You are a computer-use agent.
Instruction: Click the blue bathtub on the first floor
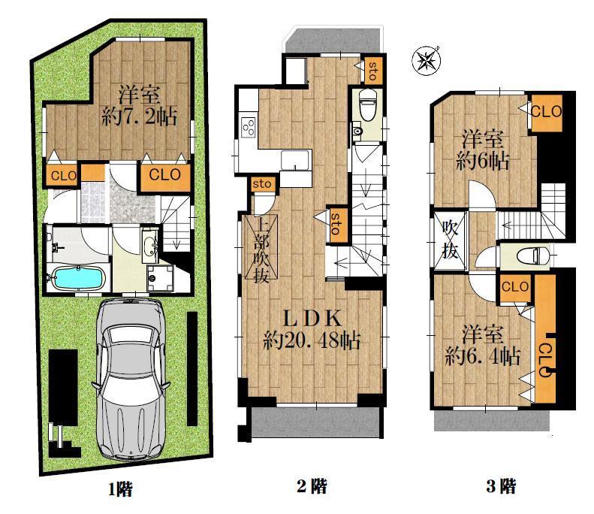(x=77, y=278)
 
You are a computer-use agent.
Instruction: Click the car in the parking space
(x=130, y=379)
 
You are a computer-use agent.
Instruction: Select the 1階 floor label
(x=120, y=488)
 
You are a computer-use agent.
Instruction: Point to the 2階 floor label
(x=312, y=486)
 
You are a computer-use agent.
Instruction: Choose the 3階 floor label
(x=501, y=486)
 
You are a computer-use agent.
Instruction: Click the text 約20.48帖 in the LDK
(x=312, y=340)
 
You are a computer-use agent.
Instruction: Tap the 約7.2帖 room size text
(x=139, y=116)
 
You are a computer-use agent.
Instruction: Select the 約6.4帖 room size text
(x=482, y=356)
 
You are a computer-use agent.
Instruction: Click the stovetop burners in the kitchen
(x=249, y=127)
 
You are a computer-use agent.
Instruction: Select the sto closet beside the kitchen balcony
(x=372, y=70)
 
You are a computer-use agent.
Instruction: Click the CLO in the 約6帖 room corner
(x=546, y=113)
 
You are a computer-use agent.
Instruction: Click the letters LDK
(x=312, y=319)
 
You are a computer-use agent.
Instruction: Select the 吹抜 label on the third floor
(x=450, y=240)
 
